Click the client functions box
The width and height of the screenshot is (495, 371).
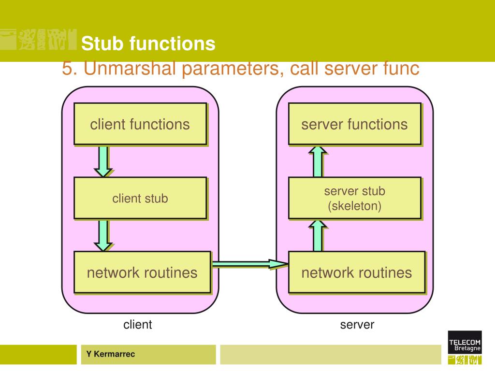(141, 124)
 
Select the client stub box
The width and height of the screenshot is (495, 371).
(141, 198)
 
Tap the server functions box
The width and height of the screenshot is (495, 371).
(355, 124)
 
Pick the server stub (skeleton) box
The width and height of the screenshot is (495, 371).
(355, 198)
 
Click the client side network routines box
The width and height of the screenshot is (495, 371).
(143, 272)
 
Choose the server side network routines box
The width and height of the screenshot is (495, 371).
(357, 272)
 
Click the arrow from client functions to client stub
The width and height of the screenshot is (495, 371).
(103, 161)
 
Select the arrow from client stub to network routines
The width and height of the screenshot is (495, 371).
(103, 235)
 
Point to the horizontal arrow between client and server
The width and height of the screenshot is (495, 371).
(250, 264)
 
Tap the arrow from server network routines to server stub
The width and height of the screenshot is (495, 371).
(318, 235)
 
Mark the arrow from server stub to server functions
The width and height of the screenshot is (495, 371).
(318, 161)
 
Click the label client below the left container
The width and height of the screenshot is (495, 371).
(138, 324)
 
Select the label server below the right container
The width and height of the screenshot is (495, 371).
(357, 325)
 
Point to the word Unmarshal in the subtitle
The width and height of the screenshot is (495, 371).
(130, 68)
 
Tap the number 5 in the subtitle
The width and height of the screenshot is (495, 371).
(67, 68)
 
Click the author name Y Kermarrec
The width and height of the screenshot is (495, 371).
(111, 354)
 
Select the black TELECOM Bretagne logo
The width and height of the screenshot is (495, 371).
(465, 342)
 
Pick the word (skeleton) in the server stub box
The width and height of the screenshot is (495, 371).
(355, 206)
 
